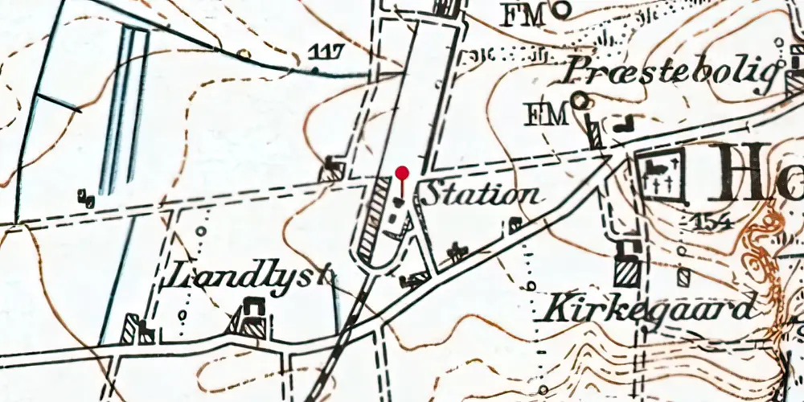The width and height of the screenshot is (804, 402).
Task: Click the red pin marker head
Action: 403,172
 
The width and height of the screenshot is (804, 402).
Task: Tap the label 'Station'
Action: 481,195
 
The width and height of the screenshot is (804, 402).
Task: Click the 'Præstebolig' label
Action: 672,72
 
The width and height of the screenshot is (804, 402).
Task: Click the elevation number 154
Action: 710,223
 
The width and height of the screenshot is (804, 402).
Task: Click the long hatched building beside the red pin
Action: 374,221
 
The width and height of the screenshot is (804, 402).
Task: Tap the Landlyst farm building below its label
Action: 252,318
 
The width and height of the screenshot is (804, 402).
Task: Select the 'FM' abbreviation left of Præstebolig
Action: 546,114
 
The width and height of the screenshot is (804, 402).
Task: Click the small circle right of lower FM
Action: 579,100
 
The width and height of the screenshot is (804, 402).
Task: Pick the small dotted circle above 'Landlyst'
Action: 201,232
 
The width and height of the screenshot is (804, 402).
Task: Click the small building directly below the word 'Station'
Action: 458,252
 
